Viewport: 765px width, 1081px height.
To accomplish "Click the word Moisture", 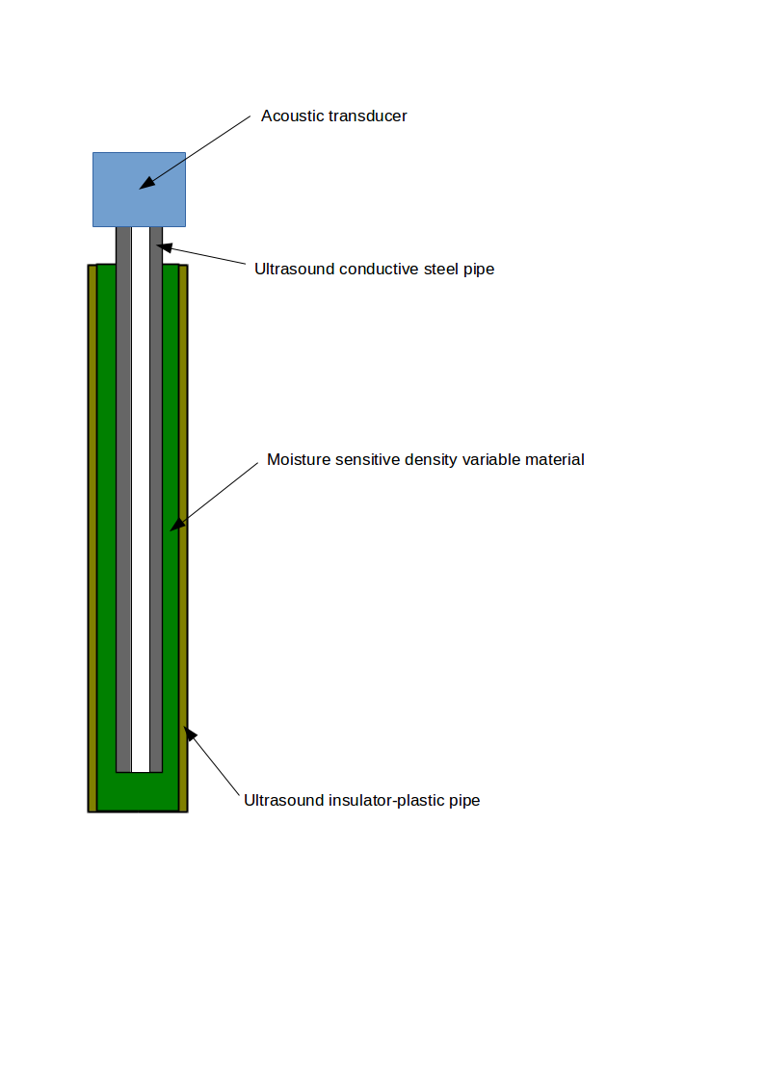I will (298, 460).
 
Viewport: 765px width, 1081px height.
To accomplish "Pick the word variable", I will (491, 460).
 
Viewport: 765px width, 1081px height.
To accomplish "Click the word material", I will (554, 460).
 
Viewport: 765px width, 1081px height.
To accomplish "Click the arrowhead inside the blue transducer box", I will (145, 183).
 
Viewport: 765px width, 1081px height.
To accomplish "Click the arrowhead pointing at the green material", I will (176, 524).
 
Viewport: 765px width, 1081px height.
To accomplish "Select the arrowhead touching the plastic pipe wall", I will (190, 734).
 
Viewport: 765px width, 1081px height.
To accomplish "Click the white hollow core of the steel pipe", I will (141, 501).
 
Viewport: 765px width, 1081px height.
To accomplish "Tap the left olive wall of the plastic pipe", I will (92, 539).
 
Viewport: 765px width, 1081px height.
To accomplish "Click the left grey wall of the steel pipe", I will (123, 501).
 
